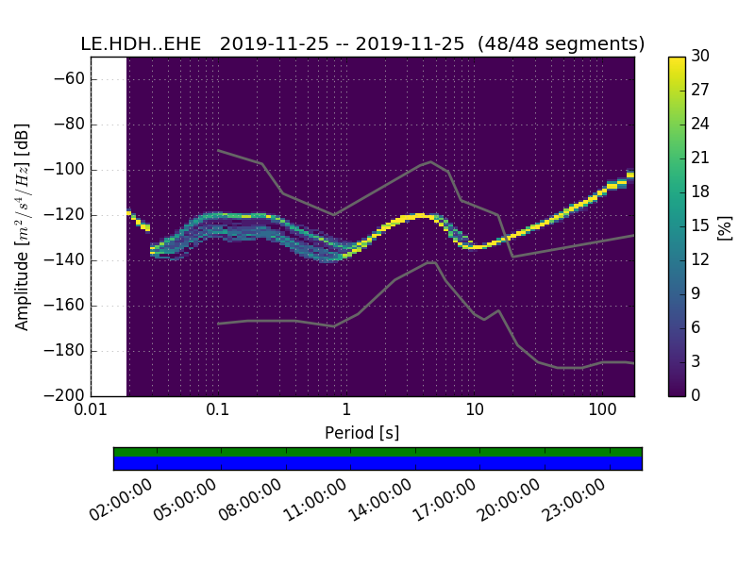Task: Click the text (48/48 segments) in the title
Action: coord(562,44)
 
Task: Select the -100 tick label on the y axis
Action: coord(67,170)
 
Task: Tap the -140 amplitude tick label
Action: coord(67,260)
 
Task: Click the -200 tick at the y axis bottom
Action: coord(67,395)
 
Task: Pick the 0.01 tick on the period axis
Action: coord(91,410)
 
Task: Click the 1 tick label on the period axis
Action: coord(346,410)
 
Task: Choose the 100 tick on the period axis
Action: coord(602,410)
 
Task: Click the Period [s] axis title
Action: coord(361,433)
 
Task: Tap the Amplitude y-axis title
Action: coord(23,226)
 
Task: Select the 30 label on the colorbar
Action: coord(700,57)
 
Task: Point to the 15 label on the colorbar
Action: coord(700,226)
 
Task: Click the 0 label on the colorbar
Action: coord(696,395)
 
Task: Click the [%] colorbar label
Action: coord(725,226)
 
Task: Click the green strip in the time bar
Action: coord(377,452)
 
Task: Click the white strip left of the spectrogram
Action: coord(109,226)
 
